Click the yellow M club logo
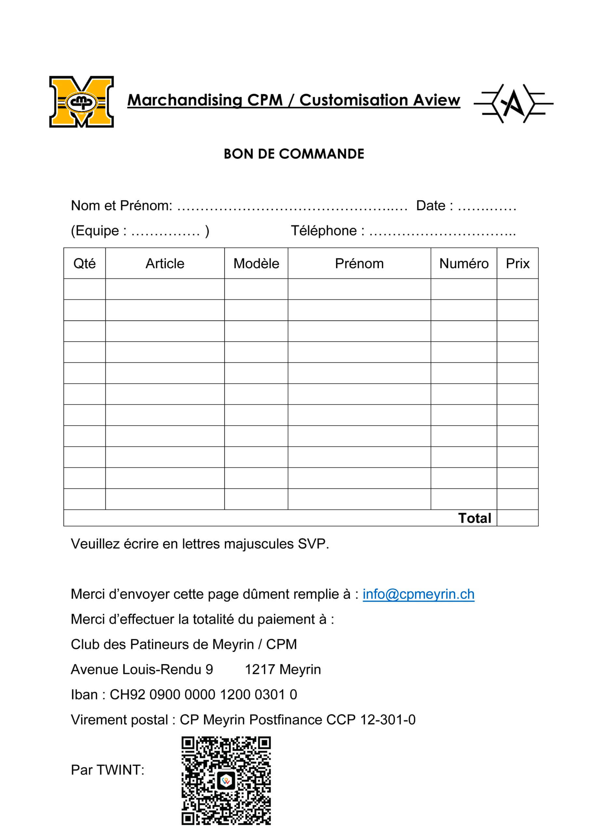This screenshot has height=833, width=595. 81,102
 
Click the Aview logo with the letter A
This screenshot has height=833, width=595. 513,103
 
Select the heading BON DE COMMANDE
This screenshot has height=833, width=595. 294,154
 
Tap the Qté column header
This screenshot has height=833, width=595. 84,264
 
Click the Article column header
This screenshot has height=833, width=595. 165,264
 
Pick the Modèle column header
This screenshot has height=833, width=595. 256,264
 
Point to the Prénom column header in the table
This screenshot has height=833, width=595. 359,264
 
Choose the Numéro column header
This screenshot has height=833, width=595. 464,264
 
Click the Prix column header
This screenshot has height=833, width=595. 517,264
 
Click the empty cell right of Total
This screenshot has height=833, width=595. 517,518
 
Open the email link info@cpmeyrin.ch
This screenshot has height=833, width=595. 418,594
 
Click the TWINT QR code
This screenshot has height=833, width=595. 226,781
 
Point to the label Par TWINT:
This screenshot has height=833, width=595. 108,770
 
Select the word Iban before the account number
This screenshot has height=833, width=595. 84,694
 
